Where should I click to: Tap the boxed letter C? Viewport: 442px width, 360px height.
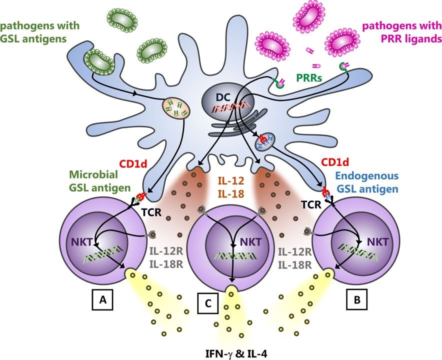point(207,304)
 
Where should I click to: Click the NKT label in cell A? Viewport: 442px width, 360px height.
point(79,241)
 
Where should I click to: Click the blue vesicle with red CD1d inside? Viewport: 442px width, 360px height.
point(264,142)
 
